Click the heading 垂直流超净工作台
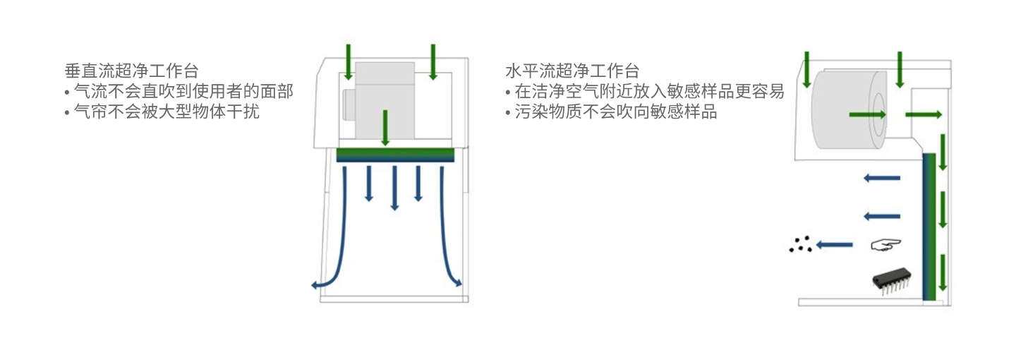coord(131,71)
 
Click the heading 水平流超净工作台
coord(572,71)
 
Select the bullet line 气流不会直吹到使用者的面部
coord(178,91)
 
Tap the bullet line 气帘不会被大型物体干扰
coord(162,112)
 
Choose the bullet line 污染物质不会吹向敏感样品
coord(611,112)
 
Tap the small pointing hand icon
coord(886,245)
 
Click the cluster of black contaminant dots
coord(800,245)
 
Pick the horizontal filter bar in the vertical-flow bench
coord(395,155)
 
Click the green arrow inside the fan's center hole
coord(866,114)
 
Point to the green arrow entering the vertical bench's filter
coord(385,128)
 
